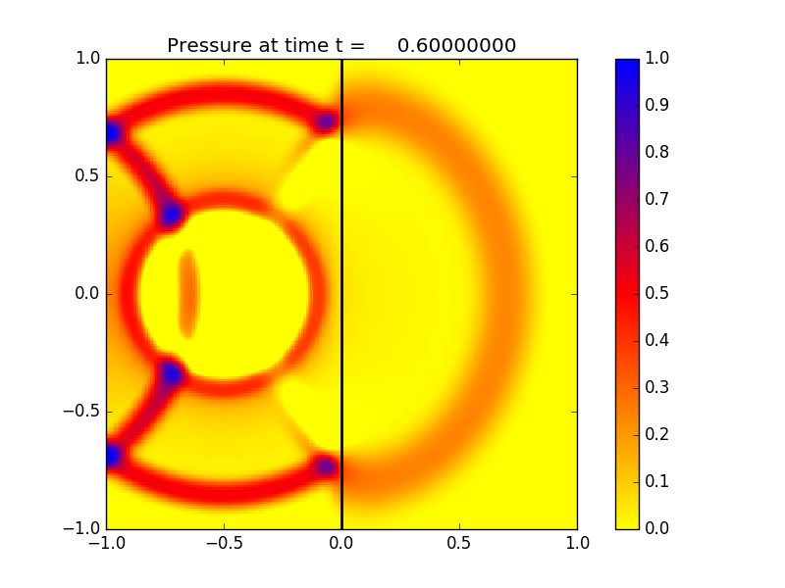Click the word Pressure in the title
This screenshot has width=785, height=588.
pyautogui.click(x=211, y=46)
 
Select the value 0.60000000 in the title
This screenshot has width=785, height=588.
pyautogui.click(x=456, y=46)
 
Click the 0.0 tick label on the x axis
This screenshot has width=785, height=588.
pyautogui.click(x=341, y=542)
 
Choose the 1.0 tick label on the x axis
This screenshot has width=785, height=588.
pyautogui.click(x=577, y=542)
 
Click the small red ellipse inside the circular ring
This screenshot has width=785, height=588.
pyautogui.click(x=187, y=294)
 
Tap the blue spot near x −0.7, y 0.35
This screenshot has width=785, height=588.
pyautogui.click(x=173, y=214)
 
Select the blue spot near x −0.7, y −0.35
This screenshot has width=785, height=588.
pyautogui.click(x=173, y=373)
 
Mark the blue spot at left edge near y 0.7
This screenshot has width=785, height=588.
pyautogui.click(x=113, y=132)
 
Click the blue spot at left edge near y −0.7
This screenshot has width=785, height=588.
pyautogui.click(x=113, y=456)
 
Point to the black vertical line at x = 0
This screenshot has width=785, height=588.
pyautogui.click(x=341, y=294)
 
